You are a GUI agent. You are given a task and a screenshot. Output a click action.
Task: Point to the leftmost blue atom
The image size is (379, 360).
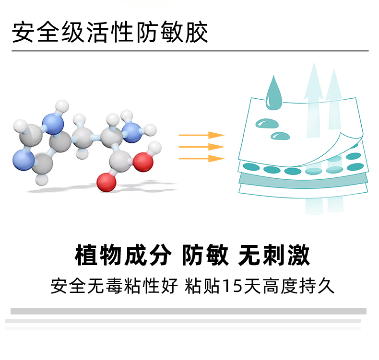point(22,159)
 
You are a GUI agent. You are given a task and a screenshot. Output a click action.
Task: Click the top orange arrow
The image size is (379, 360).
point(201,135)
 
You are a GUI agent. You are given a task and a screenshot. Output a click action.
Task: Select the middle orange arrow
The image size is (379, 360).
point(201,147)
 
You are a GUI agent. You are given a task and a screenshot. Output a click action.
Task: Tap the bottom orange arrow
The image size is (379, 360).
point(201,158)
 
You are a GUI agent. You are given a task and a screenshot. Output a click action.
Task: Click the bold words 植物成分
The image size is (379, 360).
point(122,255)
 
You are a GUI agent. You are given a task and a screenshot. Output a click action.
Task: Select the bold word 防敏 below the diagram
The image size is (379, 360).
point(205,255)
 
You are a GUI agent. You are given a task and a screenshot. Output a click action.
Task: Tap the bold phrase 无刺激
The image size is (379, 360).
point(274,255)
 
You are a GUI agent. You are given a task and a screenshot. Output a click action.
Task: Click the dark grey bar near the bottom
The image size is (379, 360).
point(188,311)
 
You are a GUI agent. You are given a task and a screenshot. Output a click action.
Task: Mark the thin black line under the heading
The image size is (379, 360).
point(189,50)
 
